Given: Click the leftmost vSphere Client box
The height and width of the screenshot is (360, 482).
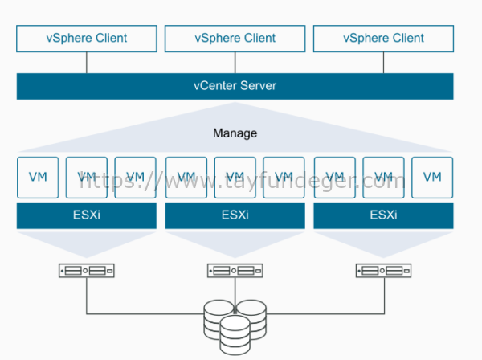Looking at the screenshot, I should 86,38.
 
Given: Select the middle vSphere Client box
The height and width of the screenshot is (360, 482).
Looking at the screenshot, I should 235,38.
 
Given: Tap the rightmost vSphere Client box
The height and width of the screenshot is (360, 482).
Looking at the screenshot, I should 382,38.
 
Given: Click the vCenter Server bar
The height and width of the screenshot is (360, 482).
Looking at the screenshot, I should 235,86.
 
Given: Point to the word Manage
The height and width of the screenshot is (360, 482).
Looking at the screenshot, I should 235,133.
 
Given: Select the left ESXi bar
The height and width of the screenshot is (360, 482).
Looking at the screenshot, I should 86,215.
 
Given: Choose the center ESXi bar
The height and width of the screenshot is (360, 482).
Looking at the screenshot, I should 235,215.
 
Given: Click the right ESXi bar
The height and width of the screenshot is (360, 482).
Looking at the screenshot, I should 382,215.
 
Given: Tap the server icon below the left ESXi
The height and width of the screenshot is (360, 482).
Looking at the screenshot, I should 86,272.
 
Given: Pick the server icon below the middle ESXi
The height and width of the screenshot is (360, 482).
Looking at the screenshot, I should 235,272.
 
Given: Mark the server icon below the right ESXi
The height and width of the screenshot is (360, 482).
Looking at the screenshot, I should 382,272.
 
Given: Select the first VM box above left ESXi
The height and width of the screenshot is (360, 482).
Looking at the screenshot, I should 37,178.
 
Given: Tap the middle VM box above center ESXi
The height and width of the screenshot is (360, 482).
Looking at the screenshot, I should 235,178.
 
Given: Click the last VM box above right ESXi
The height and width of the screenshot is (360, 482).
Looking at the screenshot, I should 432,178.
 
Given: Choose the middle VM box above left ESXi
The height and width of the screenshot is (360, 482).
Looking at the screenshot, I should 86,178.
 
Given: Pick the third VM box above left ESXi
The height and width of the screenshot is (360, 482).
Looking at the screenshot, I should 135,178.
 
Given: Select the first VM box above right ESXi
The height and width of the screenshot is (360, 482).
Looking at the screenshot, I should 333,178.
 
